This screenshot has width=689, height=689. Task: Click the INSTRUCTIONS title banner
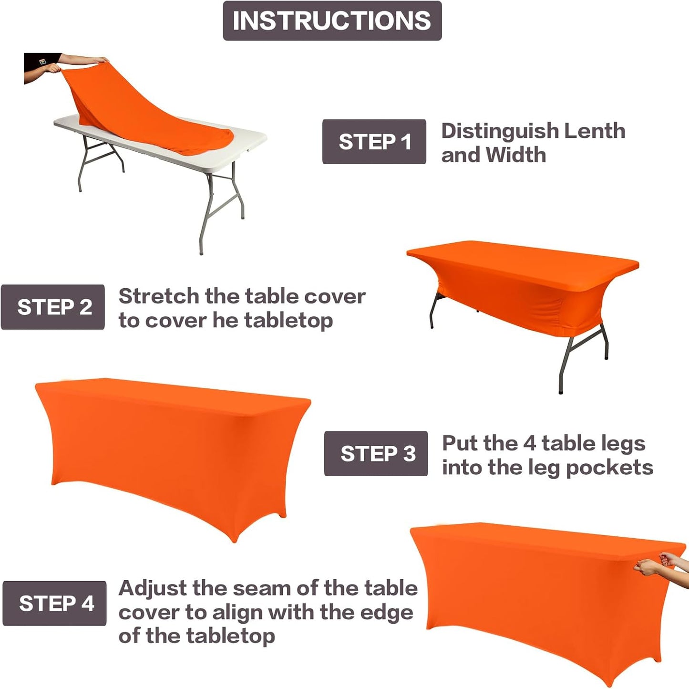coord(332,21)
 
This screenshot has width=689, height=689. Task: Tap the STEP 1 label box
coord(374,142)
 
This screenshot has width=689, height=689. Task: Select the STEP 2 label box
coord(53,307)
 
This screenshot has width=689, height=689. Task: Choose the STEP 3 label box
coord(376,453)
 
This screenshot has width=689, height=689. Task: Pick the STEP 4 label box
coord(54,603)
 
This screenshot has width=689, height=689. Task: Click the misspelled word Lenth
coord(594,131)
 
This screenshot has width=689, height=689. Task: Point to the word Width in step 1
coord(515,155)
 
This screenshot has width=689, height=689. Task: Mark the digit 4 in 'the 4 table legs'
coord(529,443)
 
